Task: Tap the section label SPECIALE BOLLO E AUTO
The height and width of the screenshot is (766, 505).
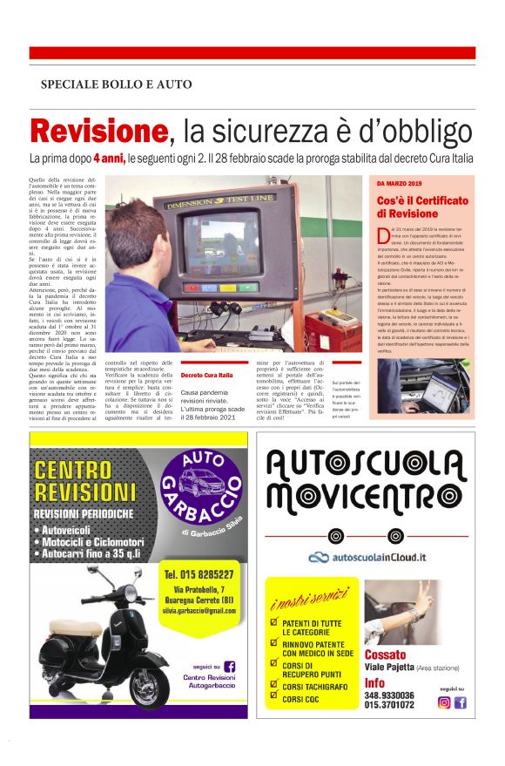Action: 116,85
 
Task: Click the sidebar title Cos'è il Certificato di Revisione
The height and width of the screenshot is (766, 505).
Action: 422,207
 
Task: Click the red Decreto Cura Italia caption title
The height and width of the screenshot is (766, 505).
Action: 207,375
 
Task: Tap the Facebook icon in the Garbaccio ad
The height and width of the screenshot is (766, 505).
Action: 230,665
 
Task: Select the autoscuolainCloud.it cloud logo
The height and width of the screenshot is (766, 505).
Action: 367,557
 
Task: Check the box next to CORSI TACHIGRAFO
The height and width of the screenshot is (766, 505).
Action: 274,686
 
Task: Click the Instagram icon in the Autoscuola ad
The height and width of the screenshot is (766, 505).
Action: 443,702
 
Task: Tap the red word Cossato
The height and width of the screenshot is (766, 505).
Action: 387,654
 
